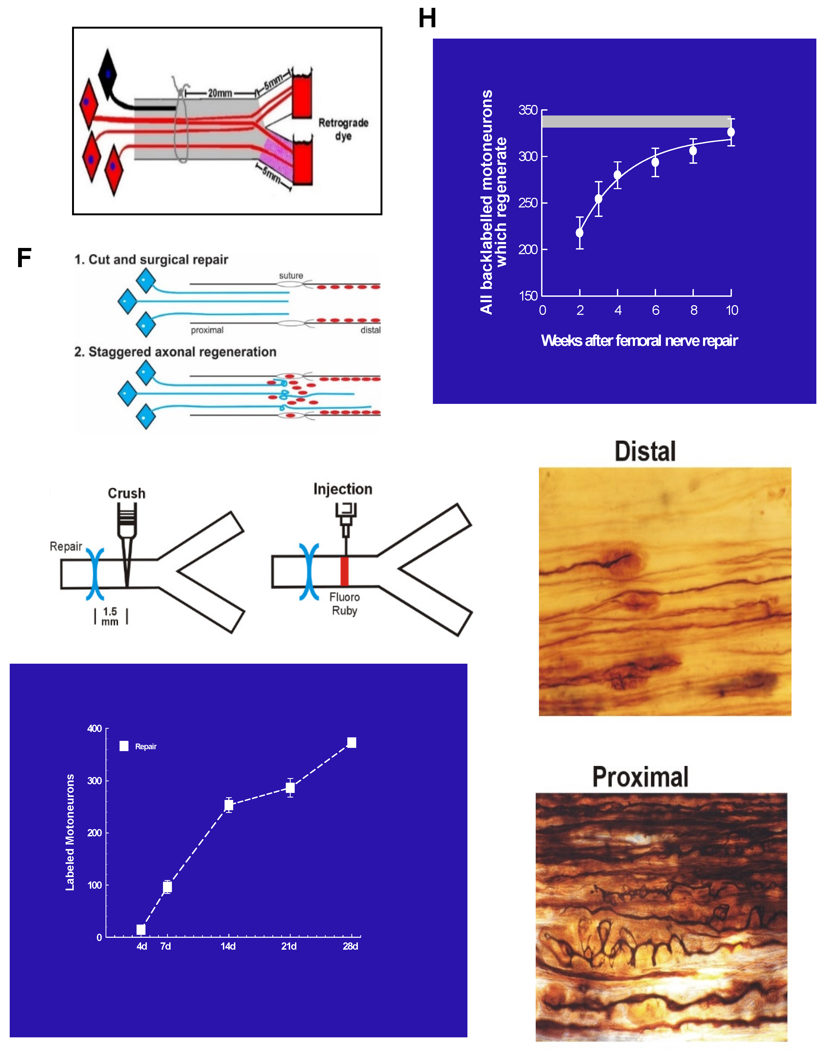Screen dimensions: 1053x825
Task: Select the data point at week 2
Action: [x=580, y=233]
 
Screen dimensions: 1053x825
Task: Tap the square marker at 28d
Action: [x=352, y=742]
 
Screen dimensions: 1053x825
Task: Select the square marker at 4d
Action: [x=141, y=929]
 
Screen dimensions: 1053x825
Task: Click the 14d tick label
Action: [x=228, y=946]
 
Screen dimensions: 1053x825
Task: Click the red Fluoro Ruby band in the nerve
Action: [x=344, y=571]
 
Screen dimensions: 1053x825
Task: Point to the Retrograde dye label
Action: [x=343, y=129]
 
